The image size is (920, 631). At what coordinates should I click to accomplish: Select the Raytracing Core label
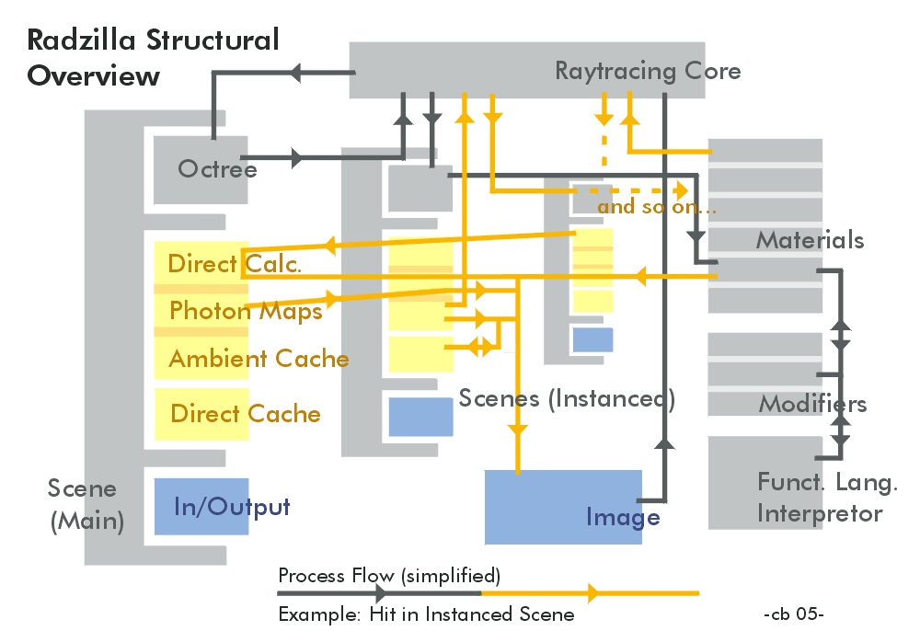648,71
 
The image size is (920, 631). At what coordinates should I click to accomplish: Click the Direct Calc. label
235,264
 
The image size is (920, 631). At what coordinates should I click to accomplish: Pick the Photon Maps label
246,311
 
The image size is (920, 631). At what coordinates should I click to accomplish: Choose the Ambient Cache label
259,359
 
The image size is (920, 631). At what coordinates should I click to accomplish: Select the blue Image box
563,507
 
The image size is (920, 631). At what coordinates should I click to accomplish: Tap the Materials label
810,240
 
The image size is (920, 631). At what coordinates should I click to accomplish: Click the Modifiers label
812,404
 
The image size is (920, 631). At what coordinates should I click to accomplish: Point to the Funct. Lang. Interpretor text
827,498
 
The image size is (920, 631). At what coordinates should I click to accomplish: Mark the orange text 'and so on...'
657,207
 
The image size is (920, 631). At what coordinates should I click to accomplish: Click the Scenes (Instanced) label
567,398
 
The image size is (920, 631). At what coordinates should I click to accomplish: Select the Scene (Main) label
85,504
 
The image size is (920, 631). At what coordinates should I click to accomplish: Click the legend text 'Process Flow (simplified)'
389,576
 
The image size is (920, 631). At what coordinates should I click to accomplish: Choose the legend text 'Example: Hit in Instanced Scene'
426,614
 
